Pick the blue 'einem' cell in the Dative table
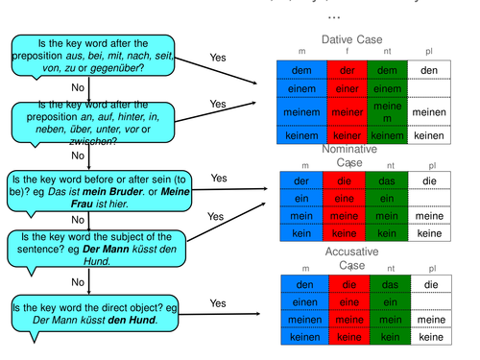[300, 89]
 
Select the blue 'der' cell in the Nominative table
[300, 180]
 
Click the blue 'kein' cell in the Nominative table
[300, 233]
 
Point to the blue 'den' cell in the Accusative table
[300, 284]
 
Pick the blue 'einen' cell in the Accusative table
[300, 302]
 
